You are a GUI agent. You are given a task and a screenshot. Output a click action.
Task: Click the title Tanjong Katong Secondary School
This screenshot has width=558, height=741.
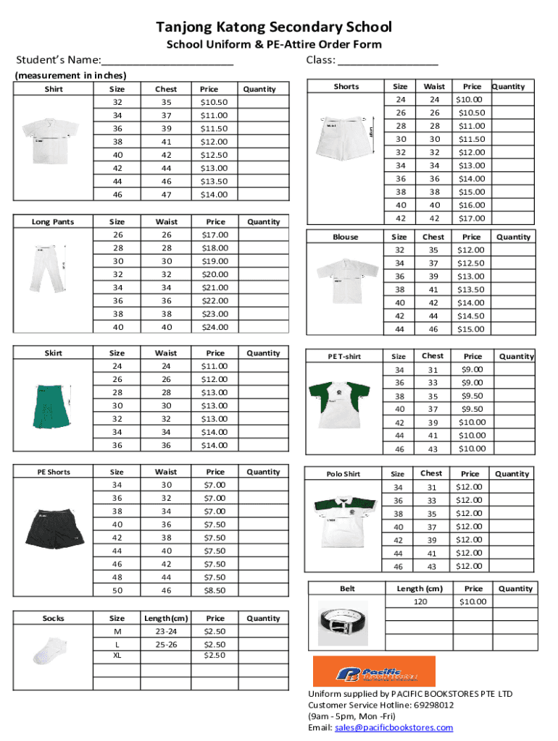click(274, 27)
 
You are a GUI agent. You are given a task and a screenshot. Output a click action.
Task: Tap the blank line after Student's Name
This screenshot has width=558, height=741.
click(167, 62)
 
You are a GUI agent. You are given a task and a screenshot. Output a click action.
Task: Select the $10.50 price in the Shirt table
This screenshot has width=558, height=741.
click(214, 102)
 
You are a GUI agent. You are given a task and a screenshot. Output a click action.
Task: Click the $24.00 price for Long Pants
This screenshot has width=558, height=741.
click(215, 327)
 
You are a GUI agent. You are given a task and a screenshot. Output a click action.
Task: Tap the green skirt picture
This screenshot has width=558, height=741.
click(52, 405)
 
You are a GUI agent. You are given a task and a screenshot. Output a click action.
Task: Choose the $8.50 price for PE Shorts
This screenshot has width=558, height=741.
click(215, 590)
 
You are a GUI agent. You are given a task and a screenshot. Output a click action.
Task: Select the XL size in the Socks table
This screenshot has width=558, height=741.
click(117, 655)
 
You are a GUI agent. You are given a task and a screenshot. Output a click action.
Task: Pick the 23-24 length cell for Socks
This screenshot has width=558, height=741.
click(166, 631)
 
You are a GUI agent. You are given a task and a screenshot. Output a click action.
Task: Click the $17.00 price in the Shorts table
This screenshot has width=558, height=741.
click(472, 218)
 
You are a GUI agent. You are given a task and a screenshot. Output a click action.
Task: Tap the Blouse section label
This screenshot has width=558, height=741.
click(346, 237)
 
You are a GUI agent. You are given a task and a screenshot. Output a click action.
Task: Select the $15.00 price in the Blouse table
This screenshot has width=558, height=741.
click(472, 329)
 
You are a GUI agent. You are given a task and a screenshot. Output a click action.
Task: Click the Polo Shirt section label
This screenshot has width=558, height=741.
click(343, 474)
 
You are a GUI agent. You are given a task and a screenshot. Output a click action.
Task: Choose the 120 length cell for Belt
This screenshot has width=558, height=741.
click(420, 602)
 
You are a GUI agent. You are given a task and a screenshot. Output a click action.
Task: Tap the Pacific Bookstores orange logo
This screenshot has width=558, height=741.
click(373, 671)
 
